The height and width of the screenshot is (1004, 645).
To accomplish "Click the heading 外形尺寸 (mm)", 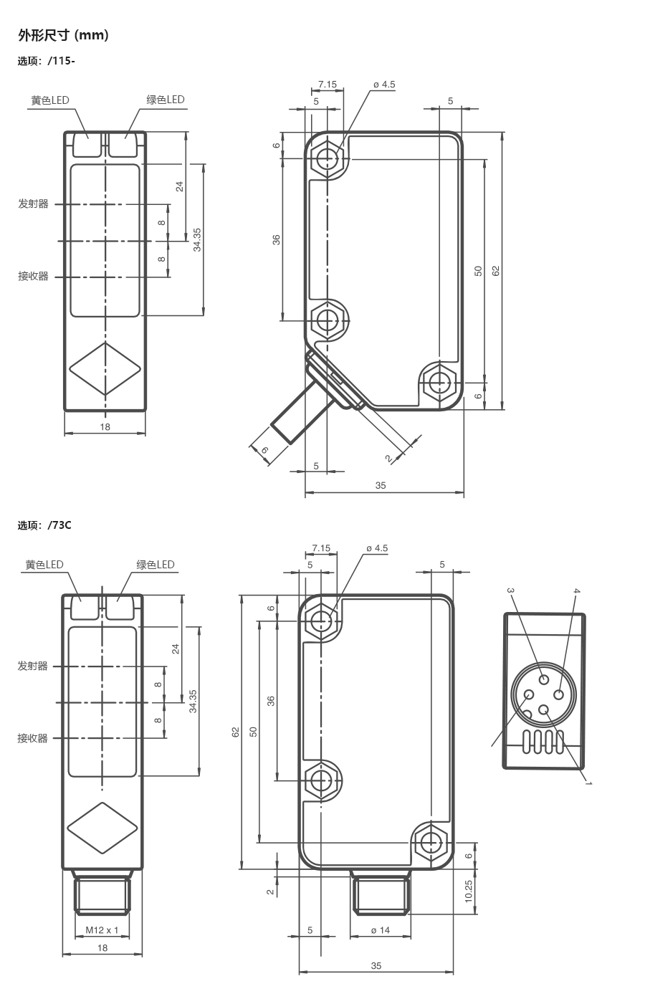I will pyautogui.click(x=63, y=35).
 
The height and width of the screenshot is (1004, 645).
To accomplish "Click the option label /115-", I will pyautogui.click(x=47, y=61).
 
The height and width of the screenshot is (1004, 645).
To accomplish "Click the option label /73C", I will pyautogui.click(x=45, y=525).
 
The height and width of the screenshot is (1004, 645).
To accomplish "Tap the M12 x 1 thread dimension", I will pyautogui.click(x=102, y=930).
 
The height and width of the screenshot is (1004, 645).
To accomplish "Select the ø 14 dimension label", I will pyautogui.click(x=380, y=930).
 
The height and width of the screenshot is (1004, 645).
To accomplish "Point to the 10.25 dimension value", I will pyautogui.click(x=469, y=891).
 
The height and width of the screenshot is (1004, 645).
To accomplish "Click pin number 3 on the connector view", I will pyautogui.click(x=510, y=591).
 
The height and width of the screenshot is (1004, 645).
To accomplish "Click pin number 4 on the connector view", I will pyautogui.click(x=576, y=591).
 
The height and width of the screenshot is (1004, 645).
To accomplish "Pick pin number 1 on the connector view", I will pyautogui.click(x=588, y=783).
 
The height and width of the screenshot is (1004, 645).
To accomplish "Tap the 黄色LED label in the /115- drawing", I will pyautogui.click(x=50, y=100).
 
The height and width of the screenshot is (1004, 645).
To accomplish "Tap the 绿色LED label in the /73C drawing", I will pyautogui.click(x=156, y=565).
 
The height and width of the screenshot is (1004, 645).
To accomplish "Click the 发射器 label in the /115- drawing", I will pyautogui.click(x=34, y=204).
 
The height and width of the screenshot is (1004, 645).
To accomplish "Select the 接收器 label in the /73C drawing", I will pyautogui.click(x=33, y=738).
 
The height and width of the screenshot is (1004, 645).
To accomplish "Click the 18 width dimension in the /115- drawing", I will pyautogui.click(x=105, y=427).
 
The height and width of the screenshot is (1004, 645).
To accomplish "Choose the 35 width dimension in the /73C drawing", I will pyautogui.click(x=376, y=966).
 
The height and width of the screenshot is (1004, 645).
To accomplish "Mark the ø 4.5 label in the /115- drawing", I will pyautogui.click(x=384, y=85).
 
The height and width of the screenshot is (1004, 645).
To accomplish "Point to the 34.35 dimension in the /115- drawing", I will pyautogui.click(x=197, y=239).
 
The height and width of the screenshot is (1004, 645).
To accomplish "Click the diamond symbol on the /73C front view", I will pyautogui.click(x=102, y=828).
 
